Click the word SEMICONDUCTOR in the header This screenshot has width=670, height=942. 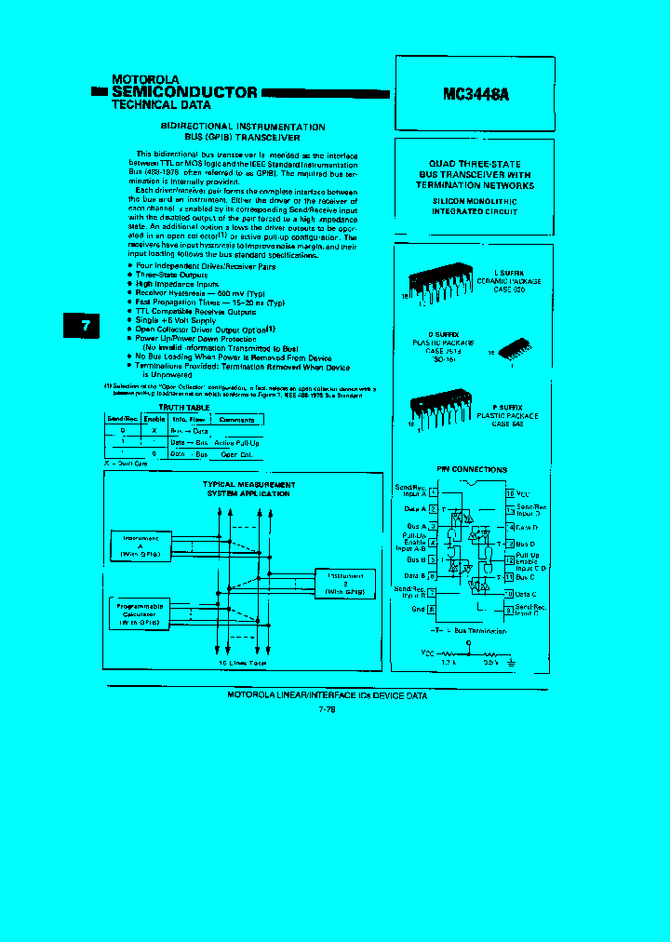(184, 92)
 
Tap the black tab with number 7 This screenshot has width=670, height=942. (85, 327)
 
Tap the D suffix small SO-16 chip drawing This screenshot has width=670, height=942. (515, 349)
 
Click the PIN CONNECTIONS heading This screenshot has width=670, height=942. (472, 469)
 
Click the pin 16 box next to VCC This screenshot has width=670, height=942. (509, 492)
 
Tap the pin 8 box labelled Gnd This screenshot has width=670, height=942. (433, 610)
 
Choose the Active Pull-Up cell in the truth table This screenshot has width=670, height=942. (236, 443)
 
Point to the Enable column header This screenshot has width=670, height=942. (154, 420)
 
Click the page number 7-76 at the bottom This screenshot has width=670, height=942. (327, 709)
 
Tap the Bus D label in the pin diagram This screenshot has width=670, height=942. (527, 544)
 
